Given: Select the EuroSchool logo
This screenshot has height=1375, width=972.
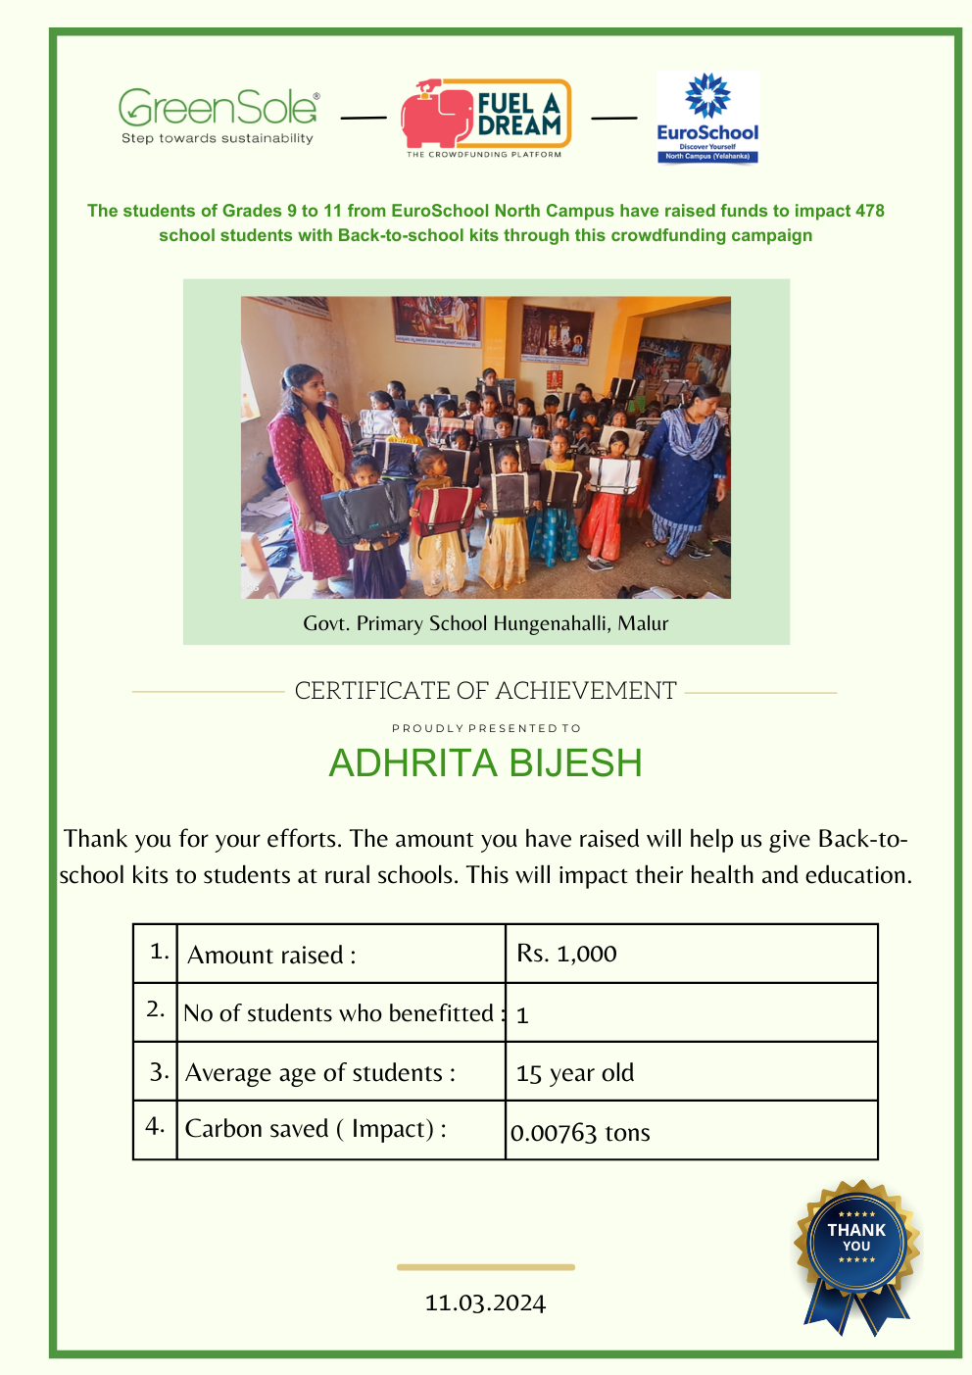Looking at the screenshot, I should click(707, 118).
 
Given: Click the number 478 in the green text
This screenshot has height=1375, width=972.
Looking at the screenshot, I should click(869, 211).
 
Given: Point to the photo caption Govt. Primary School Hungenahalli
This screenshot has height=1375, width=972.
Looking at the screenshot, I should click(485, 623).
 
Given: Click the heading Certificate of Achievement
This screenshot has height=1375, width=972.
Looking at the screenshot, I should click(485, 691).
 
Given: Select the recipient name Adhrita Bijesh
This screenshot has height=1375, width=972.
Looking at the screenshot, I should click(485, 763).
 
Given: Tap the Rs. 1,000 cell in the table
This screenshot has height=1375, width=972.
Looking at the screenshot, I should click(567, 954).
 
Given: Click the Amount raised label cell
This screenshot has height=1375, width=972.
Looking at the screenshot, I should click(271, 955).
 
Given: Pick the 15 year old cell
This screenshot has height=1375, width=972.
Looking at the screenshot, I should click(575, 1073).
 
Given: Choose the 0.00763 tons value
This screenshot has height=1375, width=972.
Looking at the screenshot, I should click(580, 1133).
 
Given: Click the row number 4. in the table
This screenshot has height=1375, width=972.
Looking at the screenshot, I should click(155, 1126).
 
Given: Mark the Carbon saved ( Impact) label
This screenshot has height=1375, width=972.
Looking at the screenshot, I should click(316, 1129).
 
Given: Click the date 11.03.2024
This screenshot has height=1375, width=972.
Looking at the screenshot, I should click(485, 1302).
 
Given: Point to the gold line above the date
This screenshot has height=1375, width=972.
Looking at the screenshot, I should click(485, 1267).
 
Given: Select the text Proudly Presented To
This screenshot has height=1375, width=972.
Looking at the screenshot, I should click(486, 728).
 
